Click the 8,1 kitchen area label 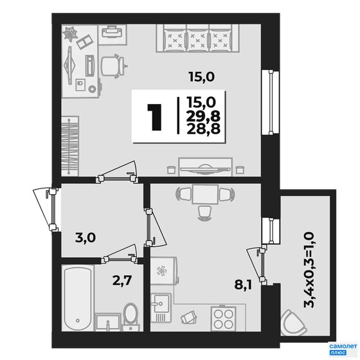243,285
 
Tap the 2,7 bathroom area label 122,280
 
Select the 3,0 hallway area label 85,238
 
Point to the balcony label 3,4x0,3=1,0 309,269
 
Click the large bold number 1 155,117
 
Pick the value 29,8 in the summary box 203,116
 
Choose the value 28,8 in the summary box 203,129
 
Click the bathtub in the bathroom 78,298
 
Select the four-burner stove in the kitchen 224,318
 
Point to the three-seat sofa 197,39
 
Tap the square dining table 205,194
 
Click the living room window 271,103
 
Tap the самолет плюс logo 343,349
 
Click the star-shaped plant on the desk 70,34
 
